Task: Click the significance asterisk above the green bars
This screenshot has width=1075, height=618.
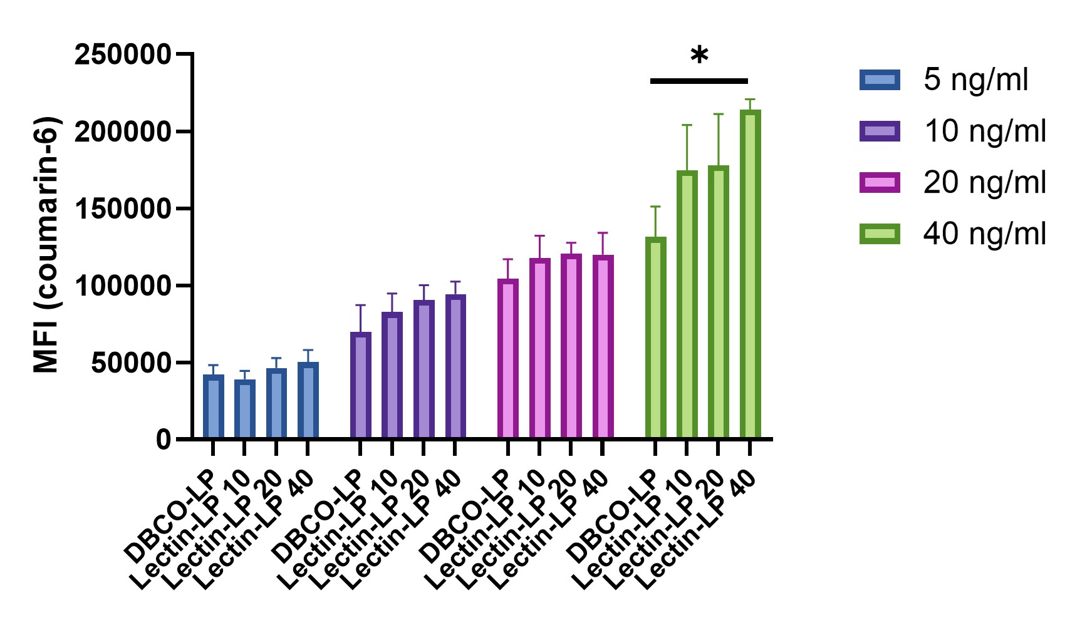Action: (699, 57)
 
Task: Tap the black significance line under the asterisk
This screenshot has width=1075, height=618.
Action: (699, 81)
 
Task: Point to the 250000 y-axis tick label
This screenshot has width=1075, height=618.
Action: (123, 54)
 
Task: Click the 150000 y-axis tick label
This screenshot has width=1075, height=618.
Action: (123, 209)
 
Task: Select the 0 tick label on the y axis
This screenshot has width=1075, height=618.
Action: (164, 440)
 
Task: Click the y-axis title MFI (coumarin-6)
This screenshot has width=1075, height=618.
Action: (47, 244)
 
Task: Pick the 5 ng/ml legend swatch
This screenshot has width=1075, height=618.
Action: (880, 80)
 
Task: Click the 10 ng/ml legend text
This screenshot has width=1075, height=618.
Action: (984, 131)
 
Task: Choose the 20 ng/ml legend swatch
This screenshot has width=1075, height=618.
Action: (880, 183)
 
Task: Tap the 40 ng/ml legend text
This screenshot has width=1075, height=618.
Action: (984, 234)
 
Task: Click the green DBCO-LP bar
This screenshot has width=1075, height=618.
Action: (655, 338)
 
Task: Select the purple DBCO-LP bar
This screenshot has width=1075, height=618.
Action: (360, 385)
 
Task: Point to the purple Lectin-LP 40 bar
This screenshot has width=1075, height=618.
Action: (455, 366)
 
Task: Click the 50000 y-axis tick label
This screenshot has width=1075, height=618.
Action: (131, 363)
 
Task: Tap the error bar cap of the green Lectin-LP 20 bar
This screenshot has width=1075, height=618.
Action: (719, 114)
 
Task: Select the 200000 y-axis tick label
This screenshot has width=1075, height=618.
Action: (123, 131)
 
